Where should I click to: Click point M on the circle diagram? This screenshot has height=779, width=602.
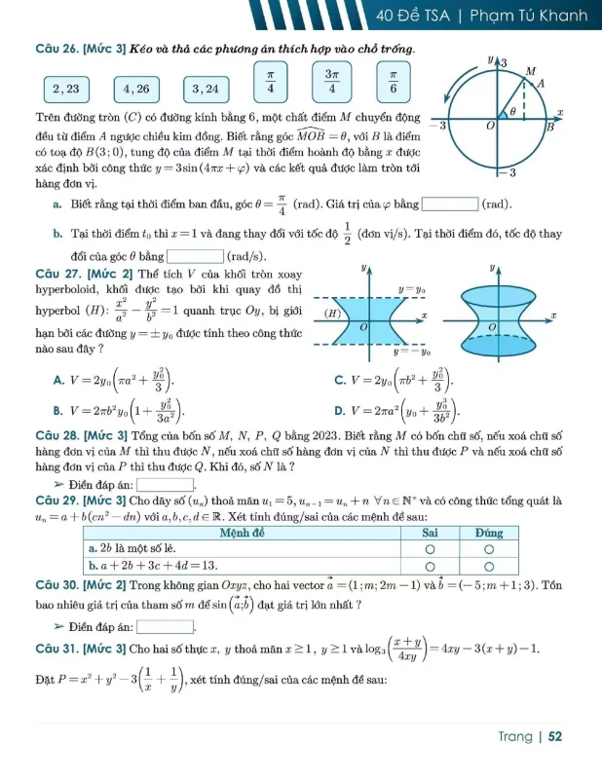pyautogui.click(x=531, y=72)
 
